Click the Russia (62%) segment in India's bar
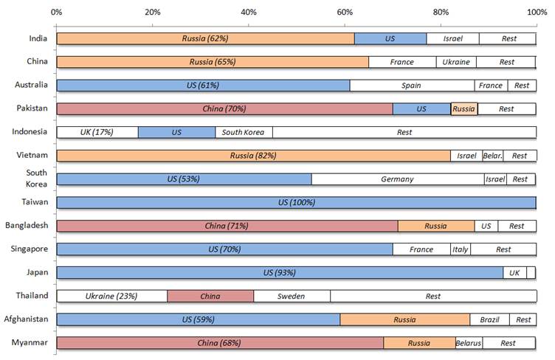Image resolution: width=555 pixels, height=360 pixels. (205, 38)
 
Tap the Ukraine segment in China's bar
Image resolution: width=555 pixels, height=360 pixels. (456, 62)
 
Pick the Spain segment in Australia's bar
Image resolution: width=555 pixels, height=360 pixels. (412, 86)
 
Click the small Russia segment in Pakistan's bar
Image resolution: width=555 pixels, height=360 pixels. (464, 108)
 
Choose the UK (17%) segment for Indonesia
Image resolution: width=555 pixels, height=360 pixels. (97, 132)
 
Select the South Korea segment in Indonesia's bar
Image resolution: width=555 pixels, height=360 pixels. (244, 132)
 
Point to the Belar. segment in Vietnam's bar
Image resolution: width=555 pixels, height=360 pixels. (493, 156)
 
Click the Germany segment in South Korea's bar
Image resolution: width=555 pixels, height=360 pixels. (398, 179)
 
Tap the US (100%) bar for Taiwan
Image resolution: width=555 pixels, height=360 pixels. (296, 202)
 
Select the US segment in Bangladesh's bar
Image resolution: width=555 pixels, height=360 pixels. (486, 226)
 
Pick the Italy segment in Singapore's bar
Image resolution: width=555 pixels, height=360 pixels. (461, 249)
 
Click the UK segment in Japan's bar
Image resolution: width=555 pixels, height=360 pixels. (514, 273)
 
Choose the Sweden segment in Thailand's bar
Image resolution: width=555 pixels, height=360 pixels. (292, 296)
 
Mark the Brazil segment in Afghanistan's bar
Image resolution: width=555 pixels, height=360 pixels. (489, 319)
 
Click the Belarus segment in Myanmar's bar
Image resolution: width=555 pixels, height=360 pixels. (469, 343)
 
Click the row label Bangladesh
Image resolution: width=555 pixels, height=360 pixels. (27, 226)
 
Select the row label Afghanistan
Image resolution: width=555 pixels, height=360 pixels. (27, 319)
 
